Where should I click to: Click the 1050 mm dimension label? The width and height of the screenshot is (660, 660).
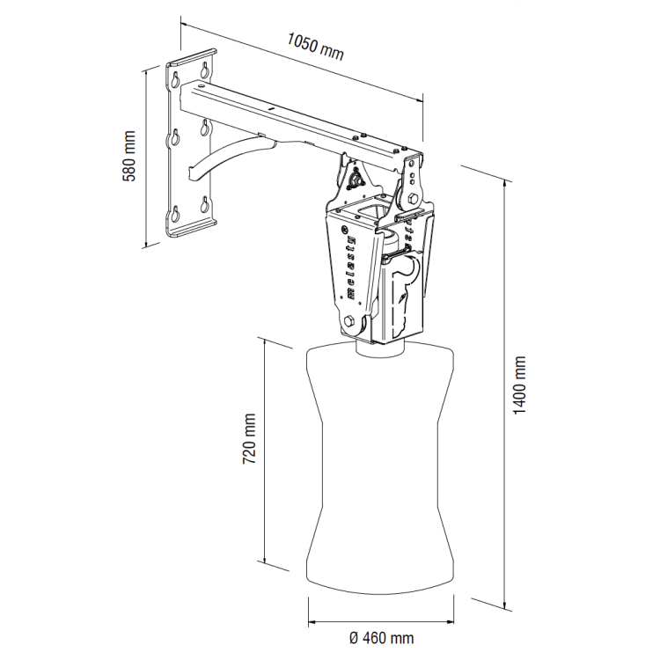point(316,46)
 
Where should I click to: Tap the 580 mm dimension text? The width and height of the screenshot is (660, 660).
point(129,156)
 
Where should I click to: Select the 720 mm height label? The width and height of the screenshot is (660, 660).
point(250,438)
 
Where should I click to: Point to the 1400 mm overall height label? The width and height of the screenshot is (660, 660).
point(520,385)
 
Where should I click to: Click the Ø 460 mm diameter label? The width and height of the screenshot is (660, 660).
point(381,638)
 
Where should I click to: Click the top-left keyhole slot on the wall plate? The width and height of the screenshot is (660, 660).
point(175,78)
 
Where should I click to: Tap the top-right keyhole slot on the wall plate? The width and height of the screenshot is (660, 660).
point(205,70)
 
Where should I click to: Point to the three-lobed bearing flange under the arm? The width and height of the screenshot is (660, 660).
point(358,179)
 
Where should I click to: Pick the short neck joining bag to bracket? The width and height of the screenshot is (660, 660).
point(380,350)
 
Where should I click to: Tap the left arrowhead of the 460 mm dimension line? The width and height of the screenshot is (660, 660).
point(312,621)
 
